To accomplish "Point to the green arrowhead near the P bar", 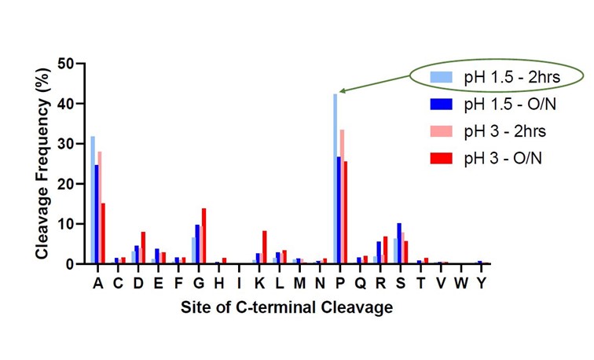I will coord(343,92).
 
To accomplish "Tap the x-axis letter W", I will coord(464,283).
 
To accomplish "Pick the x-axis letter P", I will coord(339,283).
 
